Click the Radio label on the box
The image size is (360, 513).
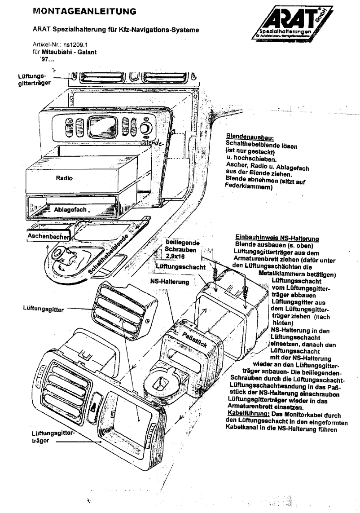click(63, 177)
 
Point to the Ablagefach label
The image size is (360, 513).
click(70, 209)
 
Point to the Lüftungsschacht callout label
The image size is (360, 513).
click(177, 267)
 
